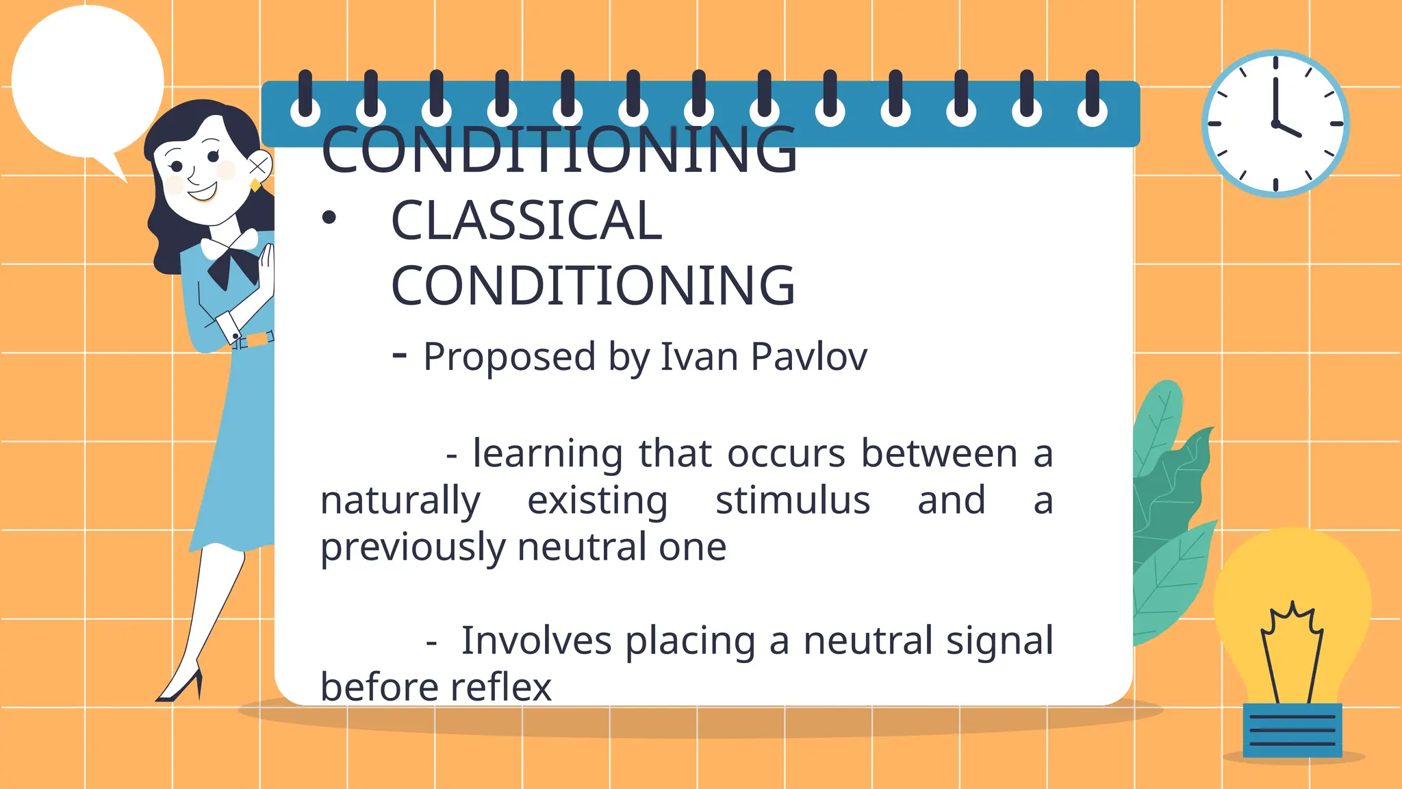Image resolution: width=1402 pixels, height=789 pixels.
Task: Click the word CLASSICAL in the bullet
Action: click(526, 221)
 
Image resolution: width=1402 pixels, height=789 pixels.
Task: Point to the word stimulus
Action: click(792, 500)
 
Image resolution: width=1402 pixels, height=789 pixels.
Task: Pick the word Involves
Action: click(536, 641)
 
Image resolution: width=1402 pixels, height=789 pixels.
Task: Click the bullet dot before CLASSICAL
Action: click(329, 218)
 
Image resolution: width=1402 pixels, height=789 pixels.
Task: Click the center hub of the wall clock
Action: click(1275, 124)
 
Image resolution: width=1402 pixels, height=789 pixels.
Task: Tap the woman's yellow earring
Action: click(255, 185)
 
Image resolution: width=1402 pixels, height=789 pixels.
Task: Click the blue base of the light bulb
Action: click(1292, 730)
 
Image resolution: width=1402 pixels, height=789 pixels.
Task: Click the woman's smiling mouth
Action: click(203, 192)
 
